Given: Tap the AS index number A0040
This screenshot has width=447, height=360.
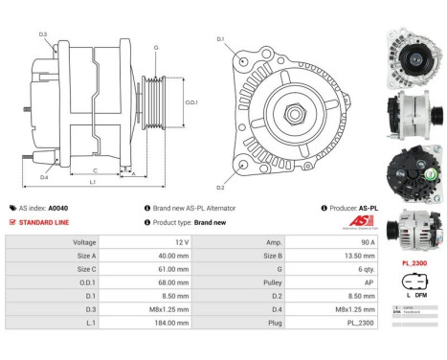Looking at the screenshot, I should click(x=57, y=207).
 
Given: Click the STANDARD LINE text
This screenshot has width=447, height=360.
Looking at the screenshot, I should click(x=45, y=221).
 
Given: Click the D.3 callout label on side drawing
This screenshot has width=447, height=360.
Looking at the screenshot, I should click(x=43, y=34).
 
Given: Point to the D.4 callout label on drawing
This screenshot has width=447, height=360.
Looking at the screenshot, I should click(x=44, y=177).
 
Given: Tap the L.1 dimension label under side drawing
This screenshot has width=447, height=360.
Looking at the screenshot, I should click(x=92, y=181).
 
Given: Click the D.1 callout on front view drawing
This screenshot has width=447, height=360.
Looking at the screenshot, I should click(x=220, y=39).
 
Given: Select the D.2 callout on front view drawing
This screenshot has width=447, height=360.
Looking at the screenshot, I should click(x=220, y=187).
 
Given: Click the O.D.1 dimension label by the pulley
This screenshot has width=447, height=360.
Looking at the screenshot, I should click(x=191, y=102).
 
